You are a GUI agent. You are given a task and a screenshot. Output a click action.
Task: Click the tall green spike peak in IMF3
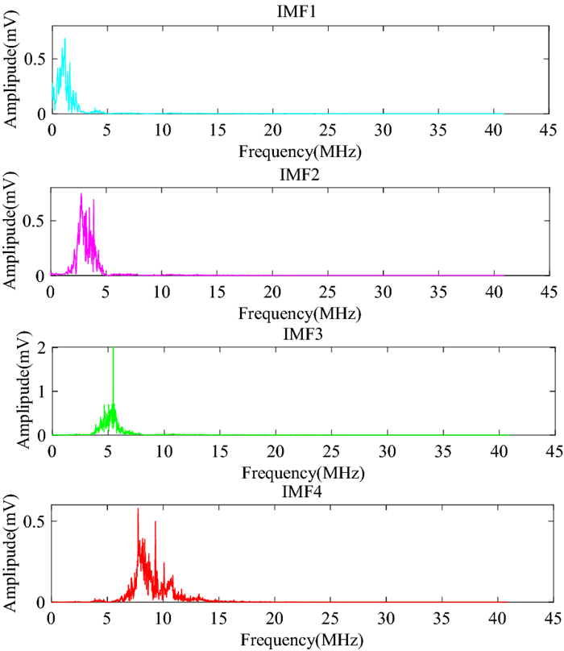coord(113,349)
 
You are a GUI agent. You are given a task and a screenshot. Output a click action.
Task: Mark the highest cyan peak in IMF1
coord(64,39)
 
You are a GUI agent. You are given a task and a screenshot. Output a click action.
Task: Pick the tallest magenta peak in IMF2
coord(81,194)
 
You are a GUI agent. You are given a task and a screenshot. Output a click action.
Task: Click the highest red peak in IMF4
coord(138,509)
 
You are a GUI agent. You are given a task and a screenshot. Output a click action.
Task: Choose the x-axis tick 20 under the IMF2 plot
coord(274,291)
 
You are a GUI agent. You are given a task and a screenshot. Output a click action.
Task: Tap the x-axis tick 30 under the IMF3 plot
coord(386,451)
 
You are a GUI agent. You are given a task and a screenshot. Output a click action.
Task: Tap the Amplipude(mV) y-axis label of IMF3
coord(14,391)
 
